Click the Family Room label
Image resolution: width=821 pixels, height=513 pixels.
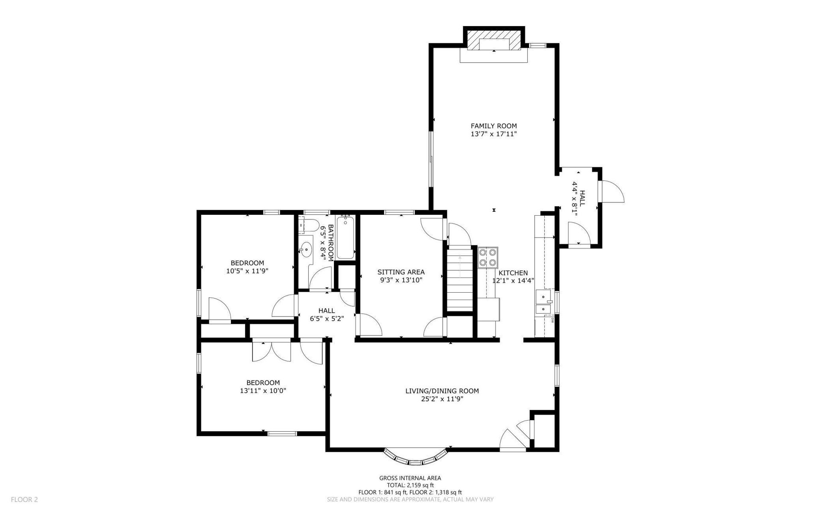494,126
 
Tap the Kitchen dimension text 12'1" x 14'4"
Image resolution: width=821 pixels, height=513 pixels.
513,281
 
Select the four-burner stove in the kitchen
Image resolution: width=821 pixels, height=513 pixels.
488,258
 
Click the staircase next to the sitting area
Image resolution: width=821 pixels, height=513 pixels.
460,280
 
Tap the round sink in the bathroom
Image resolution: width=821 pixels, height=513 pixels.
306,249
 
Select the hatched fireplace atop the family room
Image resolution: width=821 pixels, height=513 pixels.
494,40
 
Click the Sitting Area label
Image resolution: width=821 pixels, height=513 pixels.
401,272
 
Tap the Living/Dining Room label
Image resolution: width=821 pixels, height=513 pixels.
442,391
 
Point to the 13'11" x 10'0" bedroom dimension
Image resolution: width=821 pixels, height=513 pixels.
263,391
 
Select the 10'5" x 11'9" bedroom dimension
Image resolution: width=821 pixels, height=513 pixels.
247,271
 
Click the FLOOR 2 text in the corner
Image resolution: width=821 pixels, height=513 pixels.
24,499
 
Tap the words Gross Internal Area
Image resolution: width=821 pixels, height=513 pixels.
410,478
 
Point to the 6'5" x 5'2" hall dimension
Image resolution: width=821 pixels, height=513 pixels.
327,318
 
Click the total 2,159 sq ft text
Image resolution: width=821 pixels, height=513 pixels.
410,485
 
